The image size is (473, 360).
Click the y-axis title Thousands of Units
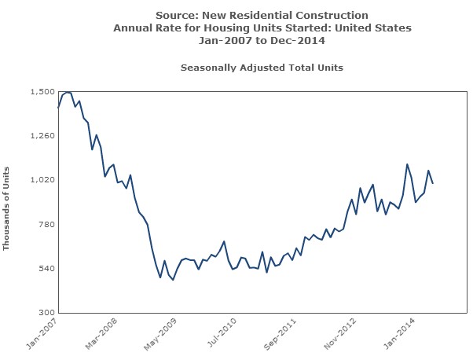pos(7,208)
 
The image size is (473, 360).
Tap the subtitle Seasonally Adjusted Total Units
pos(262,68)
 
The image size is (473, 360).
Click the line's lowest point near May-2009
pos(173,280)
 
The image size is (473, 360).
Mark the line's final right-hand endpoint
pos(433,183)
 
